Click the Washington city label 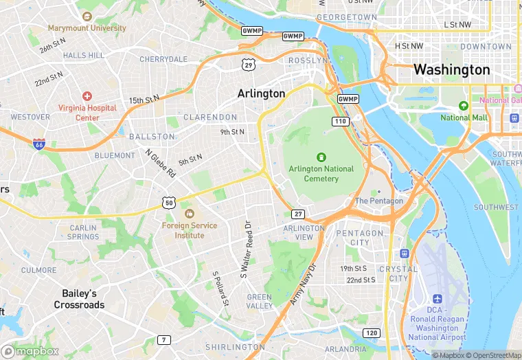451,70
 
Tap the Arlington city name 261,93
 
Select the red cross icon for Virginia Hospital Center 87,96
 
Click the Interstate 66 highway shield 40,144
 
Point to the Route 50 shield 169,202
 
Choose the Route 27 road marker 297,214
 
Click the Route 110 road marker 339,121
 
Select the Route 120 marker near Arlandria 371,333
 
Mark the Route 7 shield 163,339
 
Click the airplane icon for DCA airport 437,299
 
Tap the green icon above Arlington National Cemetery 321,157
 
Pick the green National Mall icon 464,106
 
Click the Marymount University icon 87,16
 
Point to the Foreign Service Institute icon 189,214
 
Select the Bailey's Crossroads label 79,299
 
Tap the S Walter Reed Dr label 245,249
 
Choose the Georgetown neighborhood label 347,16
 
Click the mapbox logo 31,351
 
